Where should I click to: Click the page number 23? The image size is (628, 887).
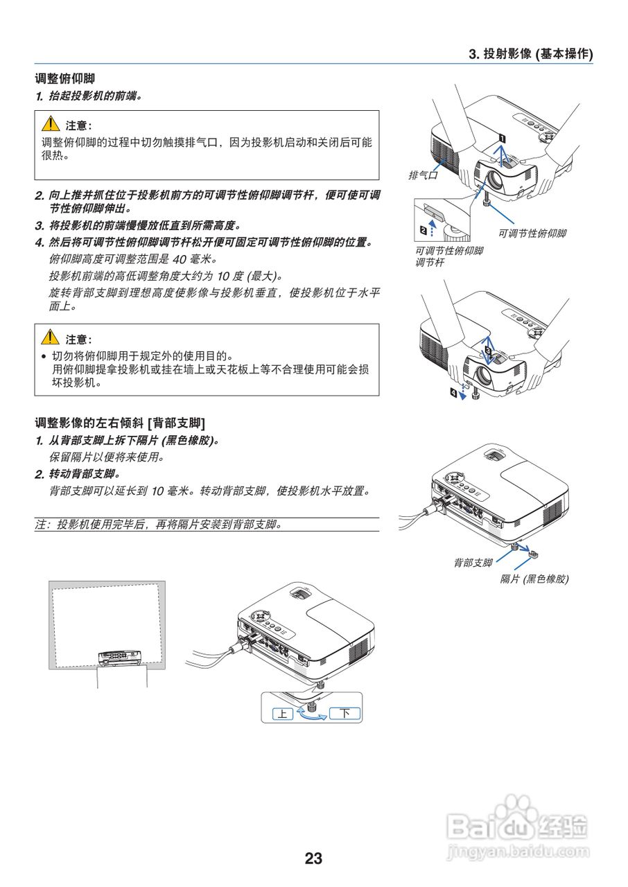click(313, 859)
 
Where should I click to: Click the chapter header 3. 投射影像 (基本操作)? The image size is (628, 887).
click(530, 54)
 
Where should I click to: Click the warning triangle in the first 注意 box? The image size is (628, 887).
click(50, 125)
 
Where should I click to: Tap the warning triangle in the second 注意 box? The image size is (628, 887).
click(50, 338)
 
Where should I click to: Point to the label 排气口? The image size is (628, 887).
click(424, 175)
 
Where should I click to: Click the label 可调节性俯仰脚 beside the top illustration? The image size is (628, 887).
click(532, 234)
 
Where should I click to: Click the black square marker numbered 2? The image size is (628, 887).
click(423, 229)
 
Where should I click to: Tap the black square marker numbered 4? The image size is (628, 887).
click(454, 393)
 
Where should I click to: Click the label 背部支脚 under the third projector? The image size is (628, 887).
click(473, 563)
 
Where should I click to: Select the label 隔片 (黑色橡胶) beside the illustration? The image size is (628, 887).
click(534, 579)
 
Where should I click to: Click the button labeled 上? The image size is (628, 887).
click(282, 713)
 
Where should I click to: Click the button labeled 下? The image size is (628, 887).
click(344, 713)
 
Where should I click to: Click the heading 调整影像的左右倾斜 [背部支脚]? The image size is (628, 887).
click(120, 422)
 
